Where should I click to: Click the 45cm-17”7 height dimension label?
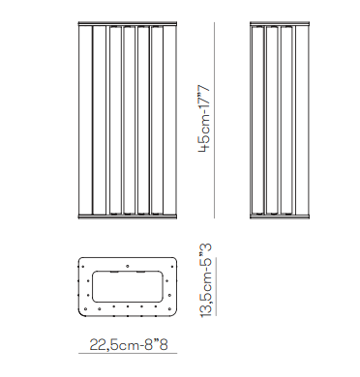point(204,119)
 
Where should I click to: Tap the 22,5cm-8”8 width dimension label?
point(129,344)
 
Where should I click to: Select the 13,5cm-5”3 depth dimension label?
point(206,281)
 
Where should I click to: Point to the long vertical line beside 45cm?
point(215,120)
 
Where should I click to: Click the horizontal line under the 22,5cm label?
point(128,354)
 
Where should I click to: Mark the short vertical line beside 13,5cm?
point(217,286)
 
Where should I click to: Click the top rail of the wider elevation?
point(128,23)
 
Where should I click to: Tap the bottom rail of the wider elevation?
point(128,217)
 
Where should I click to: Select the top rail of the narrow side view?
point(280,23)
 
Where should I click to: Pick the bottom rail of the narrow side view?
point(280,217)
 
